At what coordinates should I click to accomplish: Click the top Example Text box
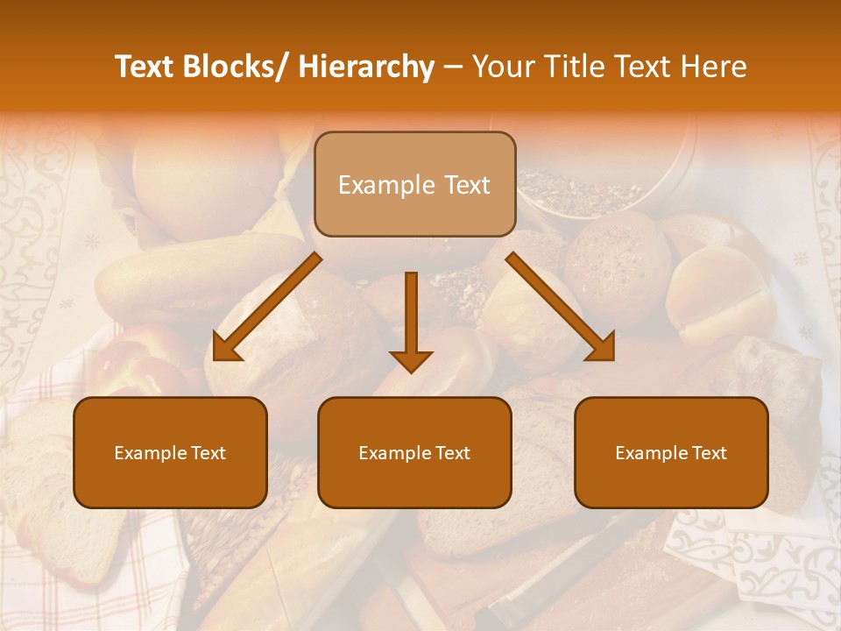pyautogui.click(x=414, y=184)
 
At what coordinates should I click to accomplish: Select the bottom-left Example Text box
pyautogui.click(x=170, y=452)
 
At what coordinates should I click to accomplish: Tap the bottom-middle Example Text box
pyautogui.click(x=414, y=452)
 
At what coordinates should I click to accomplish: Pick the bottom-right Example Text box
pyautogui.click(x=671, y=452)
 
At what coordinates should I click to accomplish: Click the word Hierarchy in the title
pyautogui.click(x=365, y=67)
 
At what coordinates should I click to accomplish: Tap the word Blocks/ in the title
pyautogui.click(x=235, y=67)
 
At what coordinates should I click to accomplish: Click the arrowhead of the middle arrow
pyautogui.click(x=411, y=360)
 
